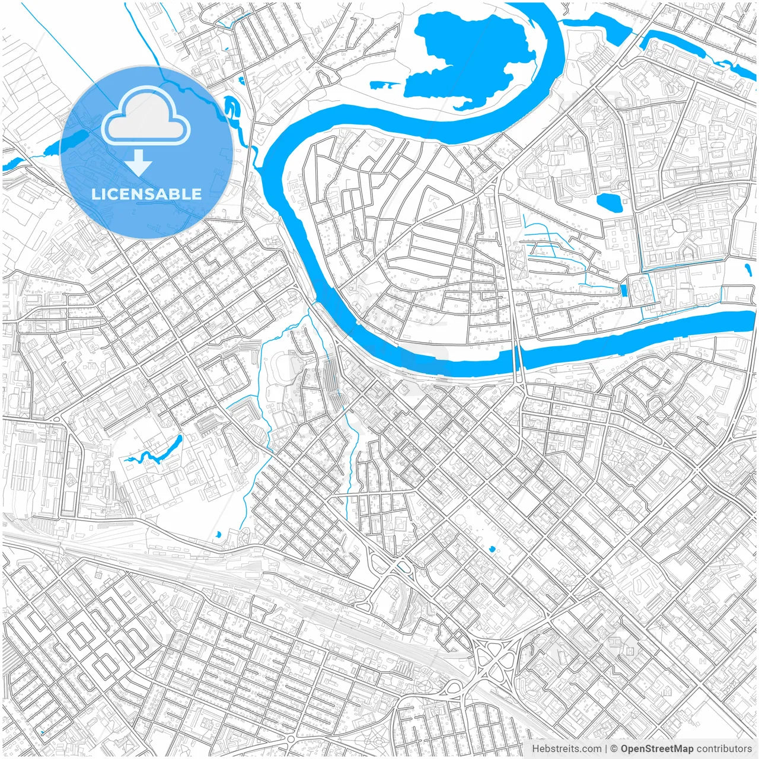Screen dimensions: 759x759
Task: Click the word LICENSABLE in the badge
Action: coord(146,194)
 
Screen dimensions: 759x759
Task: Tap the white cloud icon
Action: coord(146,116)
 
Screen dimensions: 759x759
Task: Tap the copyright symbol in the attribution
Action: coord(614,749)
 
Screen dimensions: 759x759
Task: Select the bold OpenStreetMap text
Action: coord(657,749)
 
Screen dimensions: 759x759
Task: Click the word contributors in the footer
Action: coord(724,749)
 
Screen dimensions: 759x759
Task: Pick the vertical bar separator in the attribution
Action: coord(606,749)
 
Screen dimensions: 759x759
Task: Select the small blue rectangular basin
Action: coord(623,289)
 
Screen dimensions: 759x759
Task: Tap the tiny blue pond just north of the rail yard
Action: coord(218,534)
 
